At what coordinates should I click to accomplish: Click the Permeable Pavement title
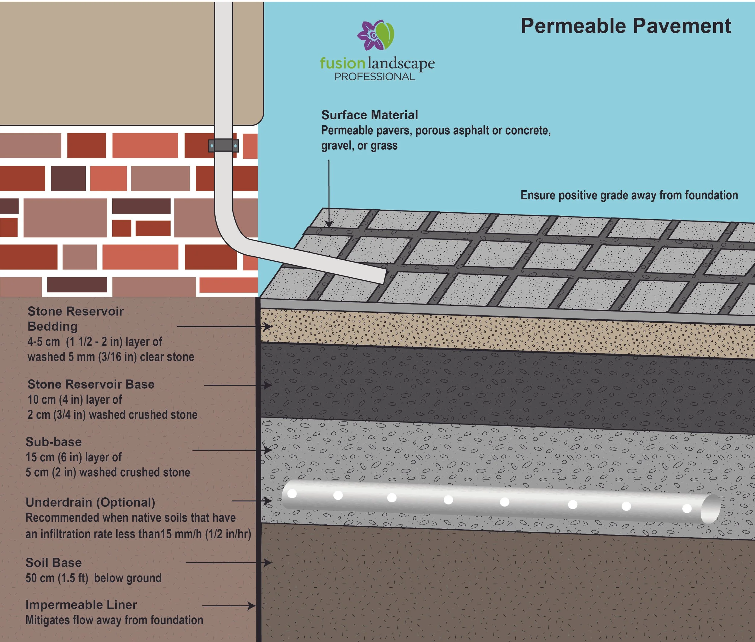click(626, 26)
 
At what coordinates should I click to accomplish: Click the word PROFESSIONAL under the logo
click(375, 77)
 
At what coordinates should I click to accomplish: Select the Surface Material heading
click(369, 115)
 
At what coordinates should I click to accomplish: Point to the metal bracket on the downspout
click(223, 146)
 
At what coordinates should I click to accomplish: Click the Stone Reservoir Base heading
click(91, 384)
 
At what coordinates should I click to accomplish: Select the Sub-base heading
click(53, 442)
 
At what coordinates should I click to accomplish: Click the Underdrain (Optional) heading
click(90, 502)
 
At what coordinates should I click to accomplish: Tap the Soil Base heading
click(53, 563)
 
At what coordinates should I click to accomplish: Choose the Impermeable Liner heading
click(81, 605)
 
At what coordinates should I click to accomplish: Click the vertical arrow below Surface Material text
click(329, 193)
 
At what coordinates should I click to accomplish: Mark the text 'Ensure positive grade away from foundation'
click(629, 195)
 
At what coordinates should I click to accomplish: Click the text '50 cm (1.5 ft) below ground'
click(94, 578)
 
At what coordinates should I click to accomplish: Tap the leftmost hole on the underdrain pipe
click(292, 494)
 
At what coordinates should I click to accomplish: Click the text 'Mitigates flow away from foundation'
click(114, 620)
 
